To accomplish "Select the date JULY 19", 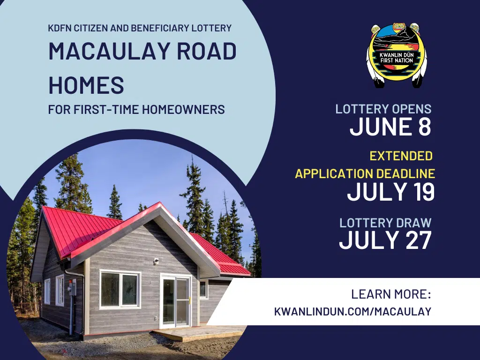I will point(390,192).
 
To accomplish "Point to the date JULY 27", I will point(385,240).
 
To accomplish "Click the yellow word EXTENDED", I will point(401,156).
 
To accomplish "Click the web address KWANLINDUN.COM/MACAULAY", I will point(352,311).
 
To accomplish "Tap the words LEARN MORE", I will point(390,295).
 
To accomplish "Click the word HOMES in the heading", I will point(86,85).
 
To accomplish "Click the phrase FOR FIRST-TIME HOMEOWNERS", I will point(136,110).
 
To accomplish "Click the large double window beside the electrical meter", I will point(120,289).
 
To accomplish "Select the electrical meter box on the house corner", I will point(73,287).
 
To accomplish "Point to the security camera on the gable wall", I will point(156,261).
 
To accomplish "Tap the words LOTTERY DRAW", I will point(385,223).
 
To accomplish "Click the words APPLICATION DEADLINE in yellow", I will point(365,173).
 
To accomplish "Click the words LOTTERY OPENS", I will point(383,109).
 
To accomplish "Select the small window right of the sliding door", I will point(203,289).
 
